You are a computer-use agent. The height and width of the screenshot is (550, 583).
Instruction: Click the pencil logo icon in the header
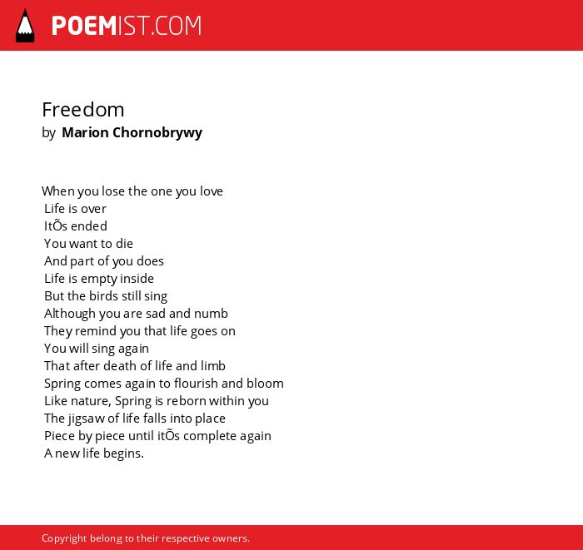25,26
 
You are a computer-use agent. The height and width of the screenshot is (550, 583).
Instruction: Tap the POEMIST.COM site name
127,26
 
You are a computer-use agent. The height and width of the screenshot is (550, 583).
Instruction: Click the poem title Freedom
83,110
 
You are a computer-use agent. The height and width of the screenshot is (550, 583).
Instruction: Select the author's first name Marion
85,132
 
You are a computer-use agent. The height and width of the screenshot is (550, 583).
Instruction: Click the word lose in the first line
113,191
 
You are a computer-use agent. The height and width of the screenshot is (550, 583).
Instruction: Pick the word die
124,243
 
